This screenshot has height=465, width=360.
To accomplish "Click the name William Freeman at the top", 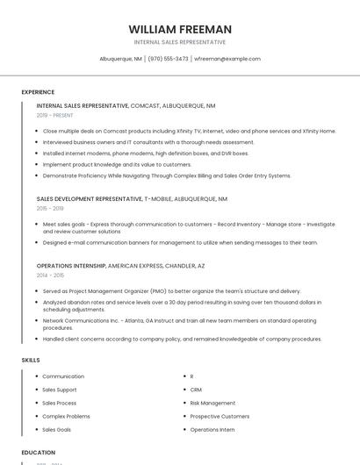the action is (179, 29).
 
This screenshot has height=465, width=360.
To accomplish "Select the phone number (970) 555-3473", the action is (168, 59).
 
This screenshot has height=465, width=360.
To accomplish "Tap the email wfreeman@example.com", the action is (227, 59).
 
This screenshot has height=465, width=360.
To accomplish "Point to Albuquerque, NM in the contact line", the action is (120, 59).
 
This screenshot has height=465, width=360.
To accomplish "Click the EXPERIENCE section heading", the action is (38, 92).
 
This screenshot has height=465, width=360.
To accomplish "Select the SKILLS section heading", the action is (31, 360).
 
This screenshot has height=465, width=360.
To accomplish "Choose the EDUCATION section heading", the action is (39, 453).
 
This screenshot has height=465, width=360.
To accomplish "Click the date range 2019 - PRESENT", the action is (55, 115).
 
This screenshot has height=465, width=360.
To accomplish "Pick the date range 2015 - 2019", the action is (50, 208).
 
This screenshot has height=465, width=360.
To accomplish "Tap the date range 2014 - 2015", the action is (50, 275).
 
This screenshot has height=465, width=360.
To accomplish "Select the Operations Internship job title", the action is (71, 265).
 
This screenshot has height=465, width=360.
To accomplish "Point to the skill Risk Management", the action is (212, 403).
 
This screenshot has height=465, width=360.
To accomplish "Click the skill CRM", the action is (196, 390).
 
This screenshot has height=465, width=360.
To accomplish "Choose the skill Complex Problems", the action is (66, 416).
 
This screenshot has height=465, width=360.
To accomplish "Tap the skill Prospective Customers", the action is (220, 416).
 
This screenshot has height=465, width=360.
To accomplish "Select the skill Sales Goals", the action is (57, 430).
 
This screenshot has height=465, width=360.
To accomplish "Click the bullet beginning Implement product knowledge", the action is (117, 164).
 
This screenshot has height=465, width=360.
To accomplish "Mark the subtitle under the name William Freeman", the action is (179, 42).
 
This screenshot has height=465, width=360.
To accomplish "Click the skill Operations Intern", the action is (212, 430).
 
